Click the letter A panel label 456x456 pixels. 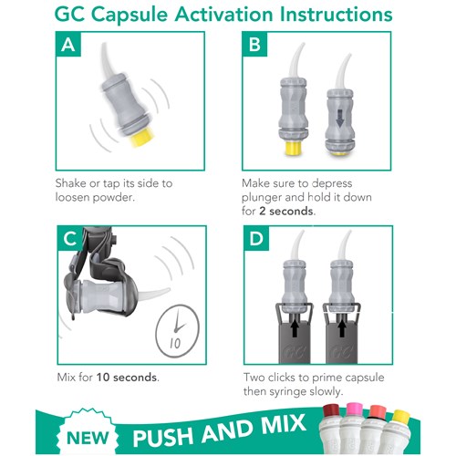[68, 45]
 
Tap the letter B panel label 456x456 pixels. [254, 45]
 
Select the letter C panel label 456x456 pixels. [70, 238]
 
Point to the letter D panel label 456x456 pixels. [256, 238]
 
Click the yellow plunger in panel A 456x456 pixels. [142, 138]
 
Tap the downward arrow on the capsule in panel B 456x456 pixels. [340, 119]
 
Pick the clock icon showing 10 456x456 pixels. [177, 331]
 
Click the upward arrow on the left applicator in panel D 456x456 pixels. [294, 329]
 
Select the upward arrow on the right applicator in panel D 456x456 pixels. [342, 329]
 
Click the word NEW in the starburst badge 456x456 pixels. [88, 438]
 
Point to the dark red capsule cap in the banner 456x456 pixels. [332, 411]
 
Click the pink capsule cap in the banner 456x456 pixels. [355, 410]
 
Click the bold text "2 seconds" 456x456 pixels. [286, 211]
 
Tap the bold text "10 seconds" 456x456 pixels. [127, 378]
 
